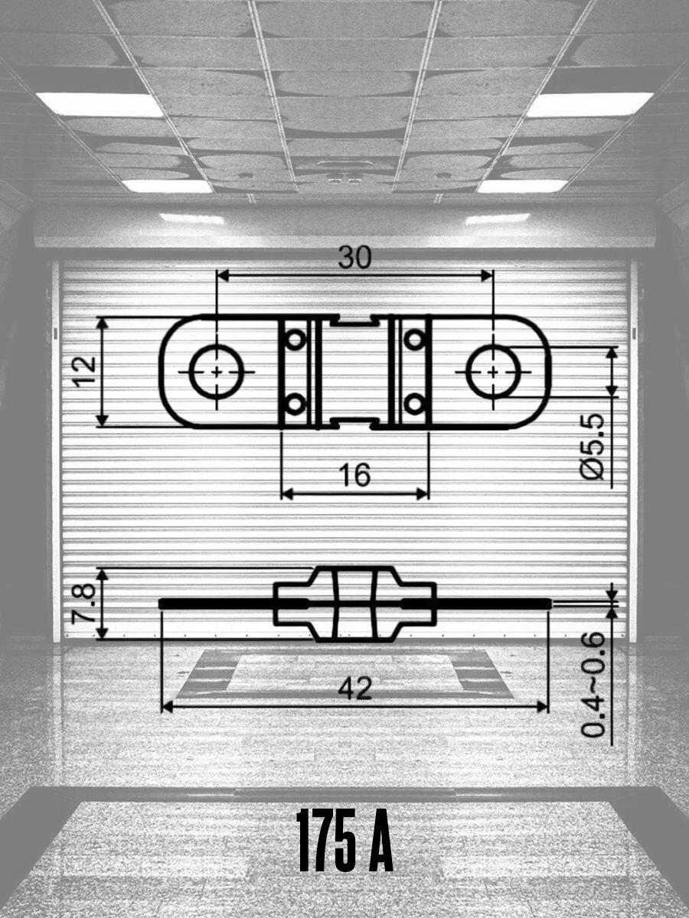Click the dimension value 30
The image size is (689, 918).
click(x=354, y=258)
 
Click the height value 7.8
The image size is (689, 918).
click(x=83, y=604)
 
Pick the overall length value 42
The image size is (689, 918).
click(x=355, y=689)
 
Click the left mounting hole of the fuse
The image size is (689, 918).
click(x=217, y=371)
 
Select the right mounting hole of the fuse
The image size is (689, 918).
click(x=493, y=371)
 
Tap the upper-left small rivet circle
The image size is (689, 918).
click(x=296, y=339)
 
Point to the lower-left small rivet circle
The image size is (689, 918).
click(x=296, y=403)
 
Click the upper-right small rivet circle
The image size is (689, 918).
click(x=414, y=339)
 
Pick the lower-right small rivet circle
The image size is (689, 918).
click(x=414, y=403)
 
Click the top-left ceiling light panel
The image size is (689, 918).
click(x=100, y=104)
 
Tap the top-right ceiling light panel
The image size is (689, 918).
click(x=589, y=104)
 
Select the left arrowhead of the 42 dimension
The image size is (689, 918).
click(x=168, y=707)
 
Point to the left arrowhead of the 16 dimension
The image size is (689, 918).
click(x=287, y=493)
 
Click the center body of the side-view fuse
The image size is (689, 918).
click(x=354, y=604)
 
